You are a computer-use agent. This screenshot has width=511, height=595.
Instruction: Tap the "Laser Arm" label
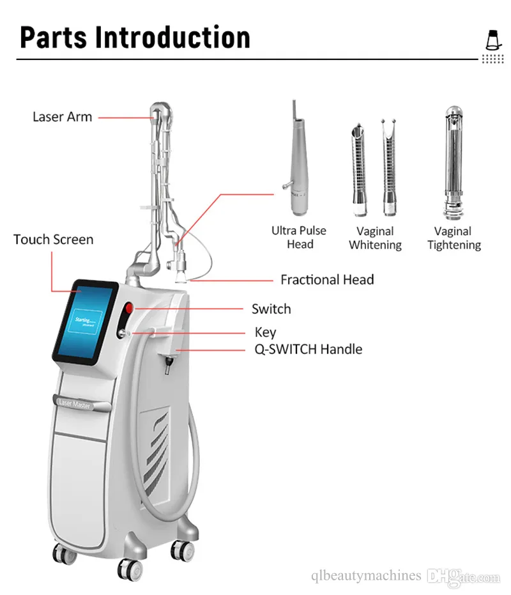coord(63,117)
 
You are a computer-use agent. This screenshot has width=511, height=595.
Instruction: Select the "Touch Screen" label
coord(53,240)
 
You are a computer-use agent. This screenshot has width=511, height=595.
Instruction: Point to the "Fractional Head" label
coord(327,280)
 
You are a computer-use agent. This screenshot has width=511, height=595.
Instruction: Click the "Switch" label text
coord(271,309)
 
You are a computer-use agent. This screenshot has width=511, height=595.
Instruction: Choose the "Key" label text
coord(265,332)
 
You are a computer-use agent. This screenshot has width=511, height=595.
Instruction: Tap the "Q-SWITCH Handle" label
coord(308,350)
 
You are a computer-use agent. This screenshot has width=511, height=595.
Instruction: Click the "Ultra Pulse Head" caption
coord(299,237)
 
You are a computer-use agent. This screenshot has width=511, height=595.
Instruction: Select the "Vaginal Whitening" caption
coord(375,238)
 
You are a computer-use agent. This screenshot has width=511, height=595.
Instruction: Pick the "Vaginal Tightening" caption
coord(454,238)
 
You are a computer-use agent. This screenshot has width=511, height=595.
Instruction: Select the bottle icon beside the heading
coord(492,40)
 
